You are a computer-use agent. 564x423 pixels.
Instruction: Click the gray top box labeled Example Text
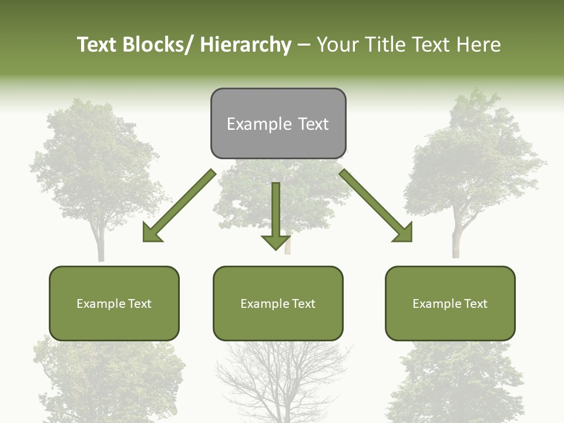[x=278, y=123]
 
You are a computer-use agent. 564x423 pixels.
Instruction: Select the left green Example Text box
[x=114, y=303]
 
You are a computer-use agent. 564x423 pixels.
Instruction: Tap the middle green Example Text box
[x=278, y=303]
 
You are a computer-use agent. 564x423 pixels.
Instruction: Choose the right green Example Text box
[x=450, y=303]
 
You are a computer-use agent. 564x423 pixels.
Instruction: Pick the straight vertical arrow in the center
[x=276, y=211]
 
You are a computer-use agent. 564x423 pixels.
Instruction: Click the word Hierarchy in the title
[x=246, y=45]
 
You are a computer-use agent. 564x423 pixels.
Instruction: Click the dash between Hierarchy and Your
[x=304, y=45]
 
